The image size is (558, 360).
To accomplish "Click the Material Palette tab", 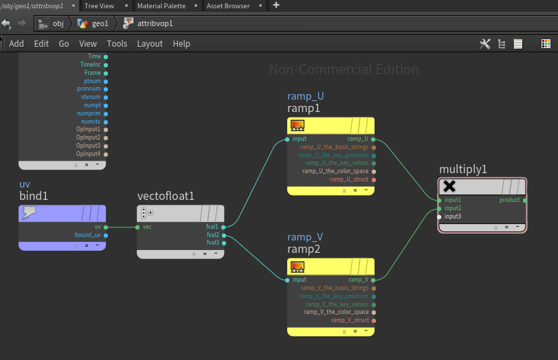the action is pyautogui.click(x=161, y=5).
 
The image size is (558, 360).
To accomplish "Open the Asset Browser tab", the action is pyautogui.click(x=228, y=5).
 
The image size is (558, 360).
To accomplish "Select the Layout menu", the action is pyautogui.click(x=150, y=44).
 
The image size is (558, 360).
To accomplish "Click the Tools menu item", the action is pyautogui.click(x=117, y=44).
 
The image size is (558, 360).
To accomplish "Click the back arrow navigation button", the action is pyautogui.click(x=6, y=23).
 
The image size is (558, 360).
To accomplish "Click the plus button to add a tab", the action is pyautogui.click(x=276, y=5).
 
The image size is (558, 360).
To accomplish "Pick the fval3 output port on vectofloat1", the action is pyautogui.click(x=224, y=243).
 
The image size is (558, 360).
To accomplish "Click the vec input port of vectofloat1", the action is pyautogui.click(x=137, y=227).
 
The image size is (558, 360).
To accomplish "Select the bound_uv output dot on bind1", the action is pyautogui.click(x=106, y=235).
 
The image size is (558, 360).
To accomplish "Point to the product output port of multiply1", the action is pyautogui.click(x=525, y=201).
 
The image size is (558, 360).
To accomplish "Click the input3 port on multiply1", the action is pyautogui.click(x=439, y=216).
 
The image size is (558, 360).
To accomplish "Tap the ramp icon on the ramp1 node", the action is pyautogui.click(x=298, y=126).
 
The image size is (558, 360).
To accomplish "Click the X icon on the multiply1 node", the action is pyautogui.click(x=449, y=186).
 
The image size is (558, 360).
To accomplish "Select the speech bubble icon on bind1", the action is pyautogui.click(x=29, y=213).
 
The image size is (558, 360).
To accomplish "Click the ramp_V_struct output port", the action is pyautogui.click(x=374, y=321).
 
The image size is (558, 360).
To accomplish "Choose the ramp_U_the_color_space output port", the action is pyautogui.click(x=374, y=172).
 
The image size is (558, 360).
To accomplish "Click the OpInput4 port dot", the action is pyautogui.click(x=106, y=155).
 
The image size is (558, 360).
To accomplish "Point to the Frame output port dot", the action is pyautogui.click(x=106, y=74).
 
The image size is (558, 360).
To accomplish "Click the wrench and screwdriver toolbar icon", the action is pyautogui.click(x=484, y=44).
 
